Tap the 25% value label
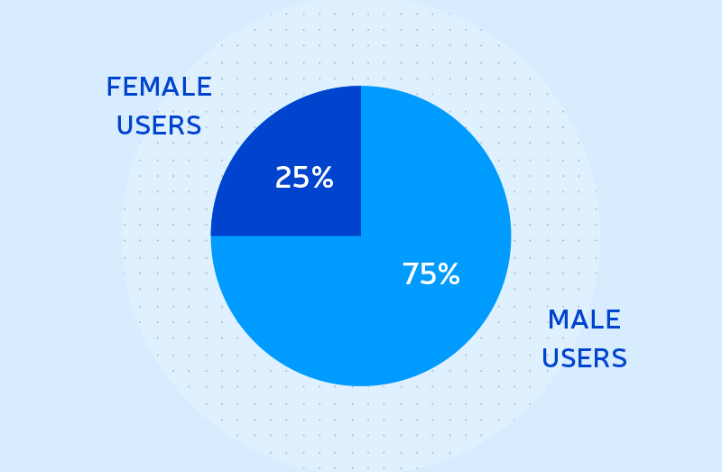coord(304,177)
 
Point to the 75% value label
coord(431,274)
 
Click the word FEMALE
coord(159,87)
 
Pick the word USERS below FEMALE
coord(159,125)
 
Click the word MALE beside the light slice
coord(584,319)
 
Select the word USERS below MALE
coord(584,358)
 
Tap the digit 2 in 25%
coord(282,177)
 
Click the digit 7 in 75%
coord(411,274)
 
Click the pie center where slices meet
coord(361,236)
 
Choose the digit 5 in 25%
coord(300,178)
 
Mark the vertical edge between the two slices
coord(361,162)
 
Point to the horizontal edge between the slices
coord(286,236)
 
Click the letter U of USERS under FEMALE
coord(125,125)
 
